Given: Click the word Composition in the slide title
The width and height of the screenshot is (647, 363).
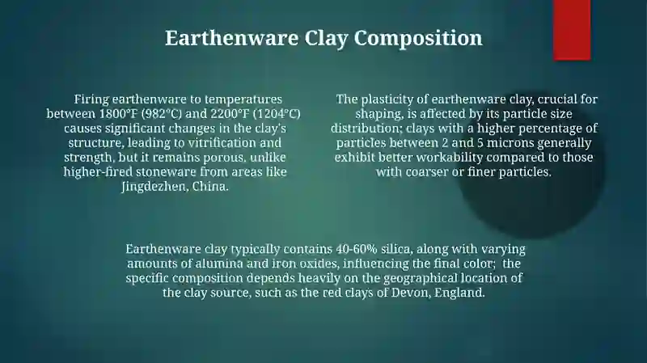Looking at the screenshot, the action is pos(418,38).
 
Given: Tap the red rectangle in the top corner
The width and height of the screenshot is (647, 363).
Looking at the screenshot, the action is pos(572,30).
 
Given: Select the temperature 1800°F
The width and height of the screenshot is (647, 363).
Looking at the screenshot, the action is pos(118,114).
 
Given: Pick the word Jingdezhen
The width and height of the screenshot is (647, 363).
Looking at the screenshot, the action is pos(154,187).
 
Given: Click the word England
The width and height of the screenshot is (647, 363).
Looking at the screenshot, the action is pos(459,293).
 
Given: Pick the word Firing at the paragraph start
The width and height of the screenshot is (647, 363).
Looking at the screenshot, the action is pos(91,99).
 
